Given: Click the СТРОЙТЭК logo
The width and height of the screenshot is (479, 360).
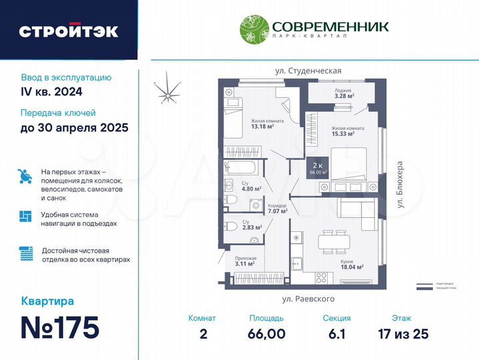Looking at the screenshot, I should (x=69, y=31).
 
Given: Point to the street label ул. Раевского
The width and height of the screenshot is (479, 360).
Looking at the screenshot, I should (x=308, y=299).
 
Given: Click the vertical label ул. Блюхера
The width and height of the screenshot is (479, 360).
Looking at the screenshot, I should (x=400, y=186).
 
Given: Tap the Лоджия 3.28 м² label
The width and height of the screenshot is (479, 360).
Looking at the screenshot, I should (x=344, y=93).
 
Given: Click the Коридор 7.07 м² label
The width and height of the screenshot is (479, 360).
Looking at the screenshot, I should (x=276, y=209).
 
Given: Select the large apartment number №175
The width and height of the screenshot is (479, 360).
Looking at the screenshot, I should (x=61, y=327).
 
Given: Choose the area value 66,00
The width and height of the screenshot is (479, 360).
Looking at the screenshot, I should (x=267, y=334).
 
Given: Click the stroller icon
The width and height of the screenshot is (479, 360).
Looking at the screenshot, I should (x=25, y=176).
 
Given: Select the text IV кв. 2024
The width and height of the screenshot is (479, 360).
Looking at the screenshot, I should (x=51, y=91).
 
